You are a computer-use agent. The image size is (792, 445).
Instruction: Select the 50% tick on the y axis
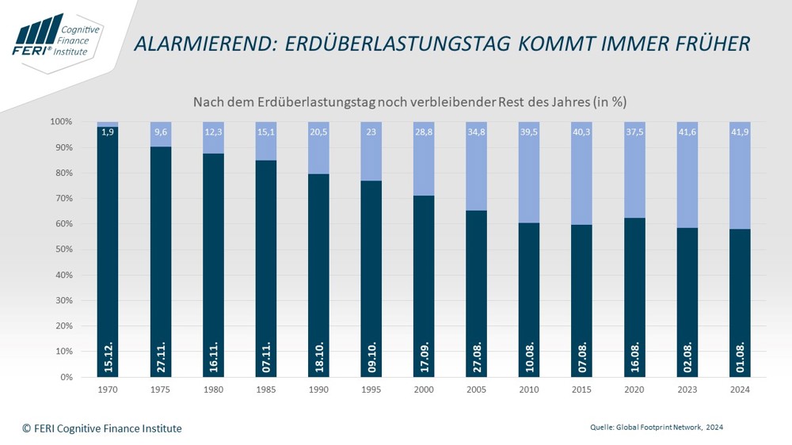click(x=62, y=249)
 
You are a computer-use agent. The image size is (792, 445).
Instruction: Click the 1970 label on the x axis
click(x=108, y=390)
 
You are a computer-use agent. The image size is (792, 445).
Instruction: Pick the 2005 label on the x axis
click(x=476, y=390)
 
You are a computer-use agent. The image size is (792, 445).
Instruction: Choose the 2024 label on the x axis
click(x=739, y=390)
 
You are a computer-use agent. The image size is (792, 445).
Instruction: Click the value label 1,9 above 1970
click(x=108, y=132)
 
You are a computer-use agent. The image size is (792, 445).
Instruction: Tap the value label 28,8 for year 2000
click(x=424, y=132)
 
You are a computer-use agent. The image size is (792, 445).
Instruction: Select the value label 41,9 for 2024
click(x=739, y=132)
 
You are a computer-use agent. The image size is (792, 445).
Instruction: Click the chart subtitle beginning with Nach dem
click(x=410, y=102)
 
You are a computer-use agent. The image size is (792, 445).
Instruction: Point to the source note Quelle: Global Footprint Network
click(x=657, y=428)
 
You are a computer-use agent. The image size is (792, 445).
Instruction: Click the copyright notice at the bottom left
click(x=102, y=428)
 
